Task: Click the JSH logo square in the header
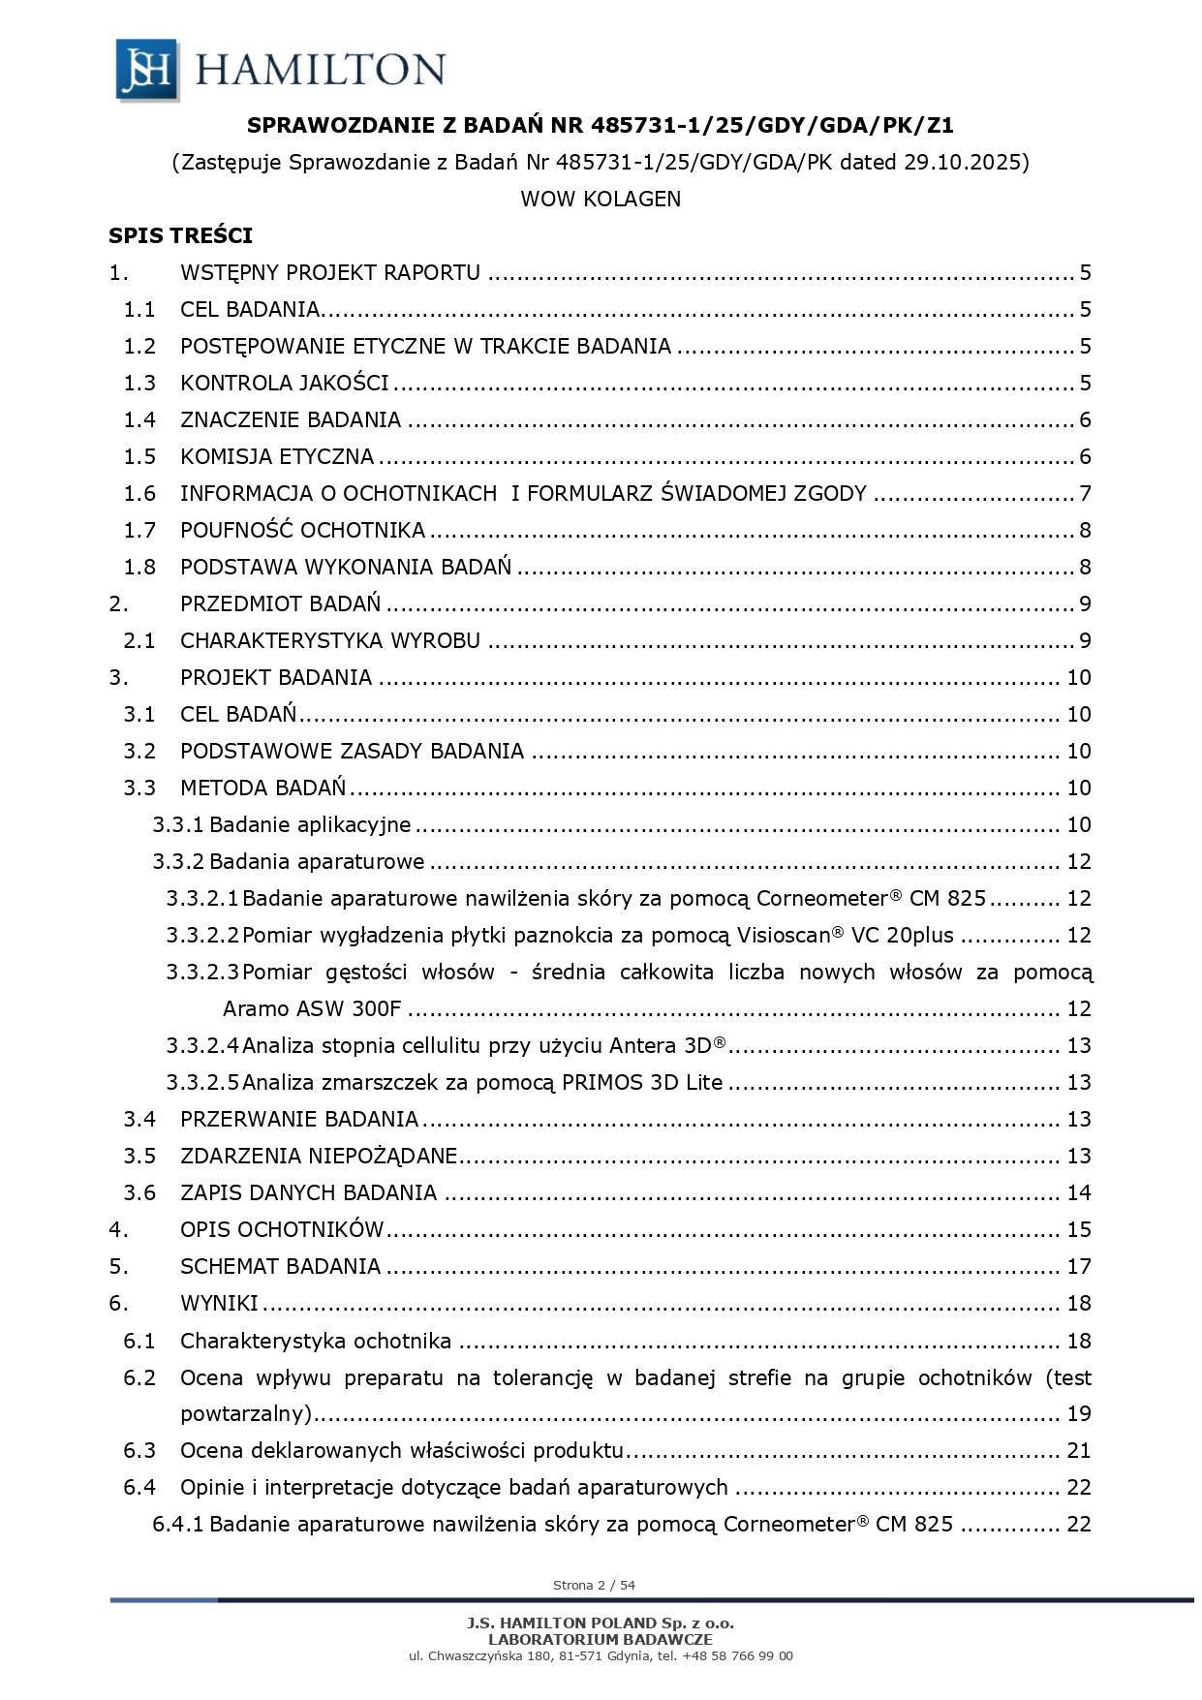147,69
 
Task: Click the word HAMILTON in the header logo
320,70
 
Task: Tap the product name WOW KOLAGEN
601,199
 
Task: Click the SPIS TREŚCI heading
180,235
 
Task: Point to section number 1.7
139,530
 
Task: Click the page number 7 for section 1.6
1085,493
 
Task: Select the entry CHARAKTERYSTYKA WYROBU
329,640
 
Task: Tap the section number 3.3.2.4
201,1045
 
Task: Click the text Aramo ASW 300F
311,1008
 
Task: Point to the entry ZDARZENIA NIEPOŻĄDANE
318,1156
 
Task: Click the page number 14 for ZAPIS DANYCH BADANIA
1078,1192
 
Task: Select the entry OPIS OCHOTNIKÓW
282,1229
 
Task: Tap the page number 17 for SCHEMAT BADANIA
1078,1266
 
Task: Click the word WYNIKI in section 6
219,1303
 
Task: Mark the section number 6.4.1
178,1524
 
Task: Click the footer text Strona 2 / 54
594,1585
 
